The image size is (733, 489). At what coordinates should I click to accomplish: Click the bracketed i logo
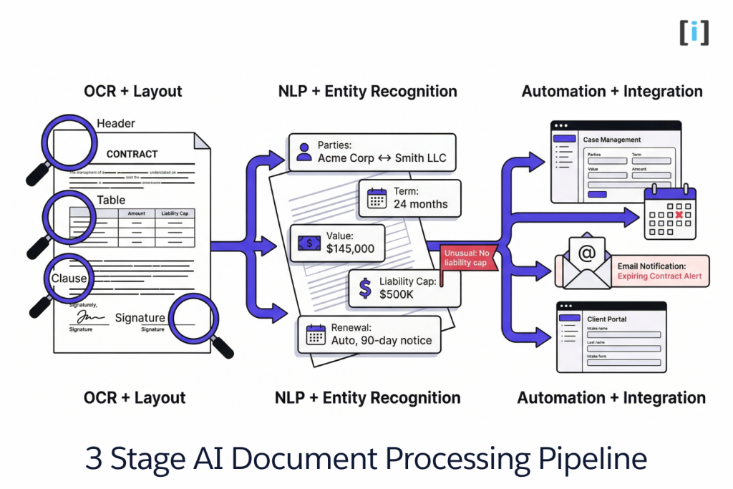pyautogui.click(x=694, y=33)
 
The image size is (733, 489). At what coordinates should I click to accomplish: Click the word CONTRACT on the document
pyautogui.click(x=132, y=154)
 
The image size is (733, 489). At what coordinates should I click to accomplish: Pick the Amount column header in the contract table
pyautogui.click(x=136, y=213)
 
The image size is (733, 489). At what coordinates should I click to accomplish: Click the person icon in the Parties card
pyautogui.click(x=304, y=152)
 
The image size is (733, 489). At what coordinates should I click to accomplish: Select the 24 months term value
pyautogui.click(x=420, y=204)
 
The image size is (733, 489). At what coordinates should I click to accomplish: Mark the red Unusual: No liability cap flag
pyautogui.click(x=466, y=258)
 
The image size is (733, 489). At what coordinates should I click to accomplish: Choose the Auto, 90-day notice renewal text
pyautogui.click(x=381, y=340)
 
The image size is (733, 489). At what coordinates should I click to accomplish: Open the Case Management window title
pyautogui.click(x=611, y=140)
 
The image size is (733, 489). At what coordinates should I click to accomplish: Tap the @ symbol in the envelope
pyautogui.click(x=588, y=253)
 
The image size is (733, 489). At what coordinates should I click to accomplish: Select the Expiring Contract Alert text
pyautogui.click(x=659, y=276)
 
